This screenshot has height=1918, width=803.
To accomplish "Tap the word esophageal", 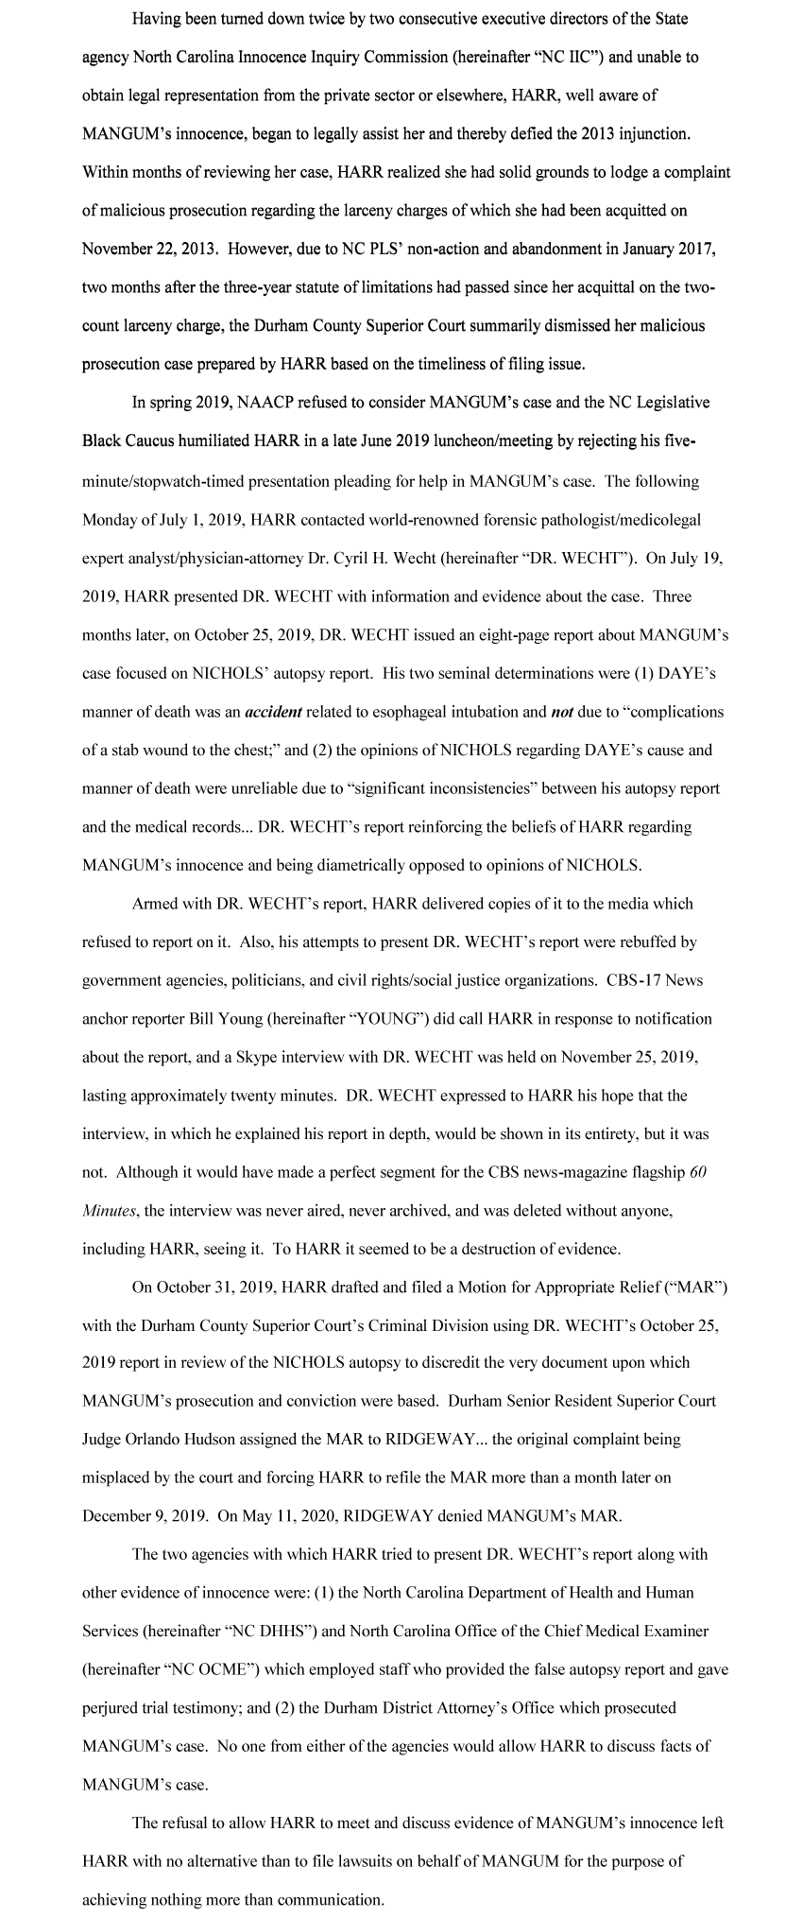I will (401, 711).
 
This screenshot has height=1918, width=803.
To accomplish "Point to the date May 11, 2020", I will (290, 1516).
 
